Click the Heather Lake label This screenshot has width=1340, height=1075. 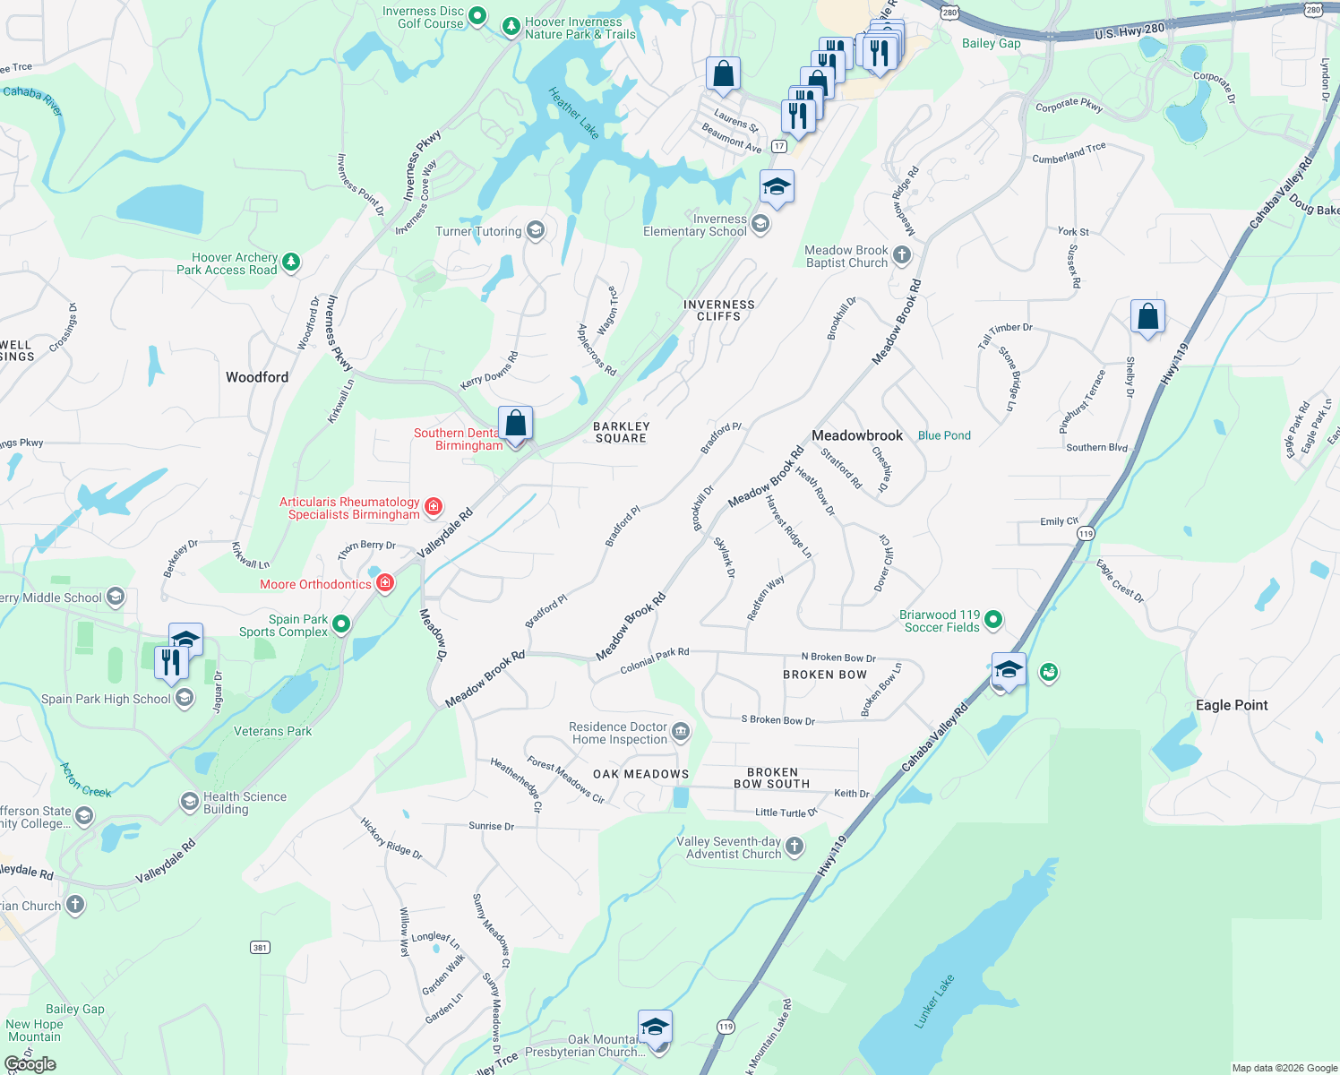click(573, 113)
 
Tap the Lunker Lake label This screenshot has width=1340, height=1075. click(934, 1001)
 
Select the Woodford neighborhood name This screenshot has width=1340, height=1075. click(257, 377)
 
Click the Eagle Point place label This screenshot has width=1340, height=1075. click(1232, 705)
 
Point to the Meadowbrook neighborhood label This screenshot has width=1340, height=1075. click(857, 435)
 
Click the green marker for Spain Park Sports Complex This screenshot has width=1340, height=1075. click(341, 625)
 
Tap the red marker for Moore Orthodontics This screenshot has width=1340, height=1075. click(385, 584)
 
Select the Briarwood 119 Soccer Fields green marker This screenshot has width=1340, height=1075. click(993, 620)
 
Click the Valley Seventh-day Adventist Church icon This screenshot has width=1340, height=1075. click(795, 847)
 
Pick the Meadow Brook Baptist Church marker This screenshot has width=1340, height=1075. click(902, 255)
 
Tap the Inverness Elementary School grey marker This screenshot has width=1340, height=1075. click(760, 224)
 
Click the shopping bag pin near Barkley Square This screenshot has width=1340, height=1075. click(515, 424)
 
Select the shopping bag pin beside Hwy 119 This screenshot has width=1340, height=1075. click(1147, 317)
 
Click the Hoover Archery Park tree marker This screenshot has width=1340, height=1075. click(290, 262)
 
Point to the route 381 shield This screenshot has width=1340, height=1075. click(260, 947)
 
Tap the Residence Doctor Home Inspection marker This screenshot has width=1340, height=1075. click(681, 733)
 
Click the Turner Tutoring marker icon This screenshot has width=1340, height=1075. click(535, 231)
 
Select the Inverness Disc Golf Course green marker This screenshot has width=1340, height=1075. click(477, 15)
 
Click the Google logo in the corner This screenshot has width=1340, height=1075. click(30, 1064)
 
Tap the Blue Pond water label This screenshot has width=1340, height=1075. click(944, 435)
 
